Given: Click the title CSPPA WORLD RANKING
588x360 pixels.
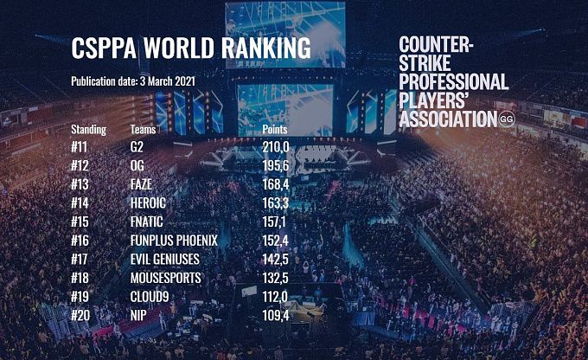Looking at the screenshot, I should [190, 48].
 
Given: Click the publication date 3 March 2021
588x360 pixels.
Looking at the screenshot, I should [132, 81].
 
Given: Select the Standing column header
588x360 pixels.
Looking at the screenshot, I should [88, 130].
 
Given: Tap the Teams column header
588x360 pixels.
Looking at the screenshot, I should [144, 130].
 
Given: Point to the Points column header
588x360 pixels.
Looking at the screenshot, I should [279, 130].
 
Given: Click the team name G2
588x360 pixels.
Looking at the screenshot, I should [136, 147].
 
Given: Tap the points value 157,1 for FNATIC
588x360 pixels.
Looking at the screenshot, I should [276, 221].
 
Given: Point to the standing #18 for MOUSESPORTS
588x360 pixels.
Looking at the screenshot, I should [82, 277].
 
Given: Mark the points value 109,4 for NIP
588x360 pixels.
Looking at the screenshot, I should [276, 314].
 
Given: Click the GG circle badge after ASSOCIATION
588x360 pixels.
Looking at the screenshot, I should [507, 120].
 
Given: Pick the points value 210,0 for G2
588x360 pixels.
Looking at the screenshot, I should [276, 147].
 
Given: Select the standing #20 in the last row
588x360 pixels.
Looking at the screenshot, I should [82, 314].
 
